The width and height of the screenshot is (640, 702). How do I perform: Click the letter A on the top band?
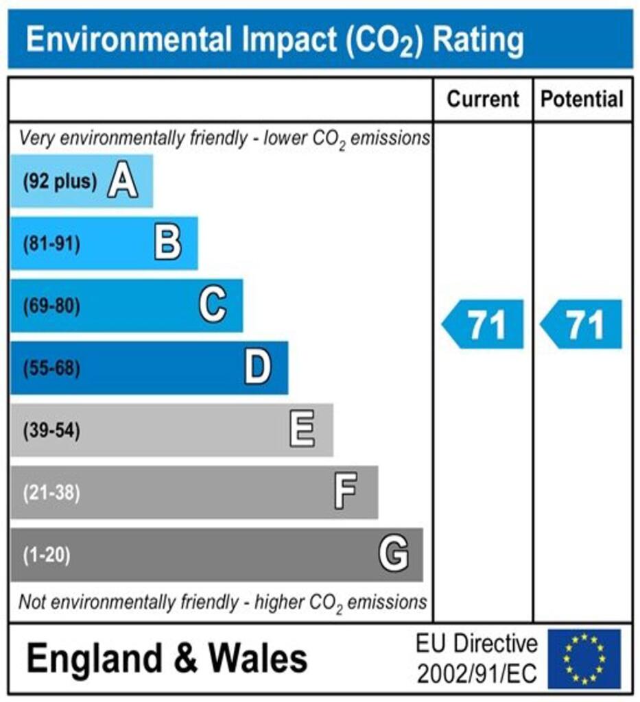[122, 182]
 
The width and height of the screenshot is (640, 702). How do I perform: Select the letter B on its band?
[167, 243]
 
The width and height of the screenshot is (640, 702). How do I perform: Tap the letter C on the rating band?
[213, 306]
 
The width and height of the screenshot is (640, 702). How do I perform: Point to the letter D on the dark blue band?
[258, 368]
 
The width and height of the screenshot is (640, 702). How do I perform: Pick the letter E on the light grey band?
[303, 431]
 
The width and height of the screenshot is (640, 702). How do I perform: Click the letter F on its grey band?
[346, 492]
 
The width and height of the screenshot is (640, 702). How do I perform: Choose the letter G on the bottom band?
[394, 555]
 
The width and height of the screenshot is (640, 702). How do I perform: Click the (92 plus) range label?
[60, 182]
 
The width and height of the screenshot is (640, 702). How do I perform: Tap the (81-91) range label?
[51, 244]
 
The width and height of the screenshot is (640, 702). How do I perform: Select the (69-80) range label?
[51, 306]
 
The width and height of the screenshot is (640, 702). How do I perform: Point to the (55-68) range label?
[51, 369]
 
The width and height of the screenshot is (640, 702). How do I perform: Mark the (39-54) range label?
[51, 431]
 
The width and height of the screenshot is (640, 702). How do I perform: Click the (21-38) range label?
[51, 493]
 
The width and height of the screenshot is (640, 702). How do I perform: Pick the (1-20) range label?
[47, 555]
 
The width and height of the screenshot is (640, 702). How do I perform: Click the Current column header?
[483, 99]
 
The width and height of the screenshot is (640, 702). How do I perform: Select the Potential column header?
[582, 99]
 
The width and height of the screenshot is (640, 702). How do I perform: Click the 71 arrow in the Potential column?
[582, 324]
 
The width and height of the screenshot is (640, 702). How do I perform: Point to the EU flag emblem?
[584, 658]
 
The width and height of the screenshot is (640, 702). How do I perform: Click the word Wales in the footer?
[258, 659]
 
